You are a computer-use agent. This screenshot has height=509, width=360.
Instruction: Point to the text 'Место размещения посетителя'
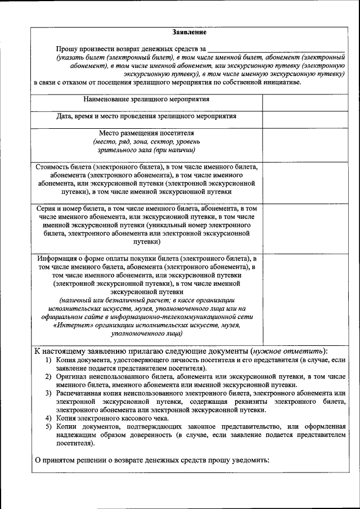pyautogui.click(x=146, y=133)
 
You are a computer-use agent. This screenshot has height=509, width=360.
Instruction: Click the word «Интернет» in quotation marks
pyautogui.click(x=71, y=325)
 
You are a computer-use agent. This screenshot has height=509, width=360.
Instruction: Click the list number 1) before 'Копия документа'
pyautogui.click(x=49, y=359)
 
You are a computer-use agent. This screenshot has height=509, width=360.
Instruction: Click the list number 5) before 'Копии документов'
pyautogui.click(x=49, y=426)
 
